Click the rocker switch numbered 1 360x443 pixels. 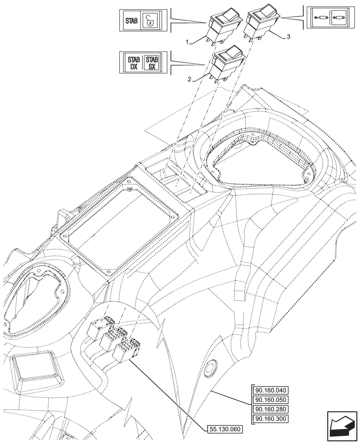tap(223, 27)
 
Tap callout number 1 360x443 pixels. tap(188, 42)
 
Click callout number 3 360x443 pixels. tap(288, 37)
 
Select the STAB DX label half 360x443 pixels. tap(133, 63)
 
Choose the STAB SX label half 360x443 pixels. tap(152, 63)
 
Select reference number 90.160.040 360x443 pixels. tap(271, 390)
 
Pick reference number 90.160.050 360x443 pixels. tap(271, 400)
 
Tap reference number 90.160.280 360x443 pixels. tap(271, 410)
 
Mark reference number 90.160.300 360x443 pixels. tap(271, 419)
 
